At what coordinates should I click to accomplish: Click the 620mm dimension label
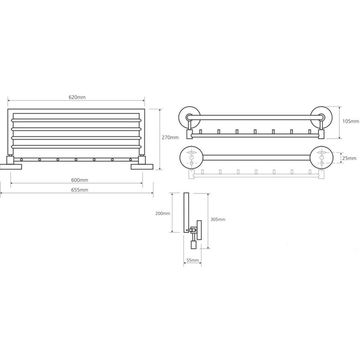[x=77, y=97]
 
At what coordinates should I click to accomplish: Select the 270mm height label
[x=170, y=138]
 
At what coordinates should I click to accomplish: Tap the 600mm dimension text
[x=80, y=180]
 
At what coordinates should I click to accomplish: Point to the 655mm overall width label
[x=80, y=190]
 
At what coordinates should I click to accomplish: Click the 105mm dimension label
[x=351, y=121]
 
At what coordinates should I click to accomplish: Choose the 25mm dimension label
[x=350, y=158]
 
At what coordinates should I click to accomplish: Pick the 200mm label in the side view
[x=163, y=213]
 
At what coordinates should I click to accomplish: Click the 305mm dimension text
[x=218, y=219]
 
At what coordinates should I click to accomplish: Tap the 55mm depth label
[x=193, y=260]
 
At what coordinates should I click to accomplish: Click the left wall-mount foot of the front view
[x=11, y=166]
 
